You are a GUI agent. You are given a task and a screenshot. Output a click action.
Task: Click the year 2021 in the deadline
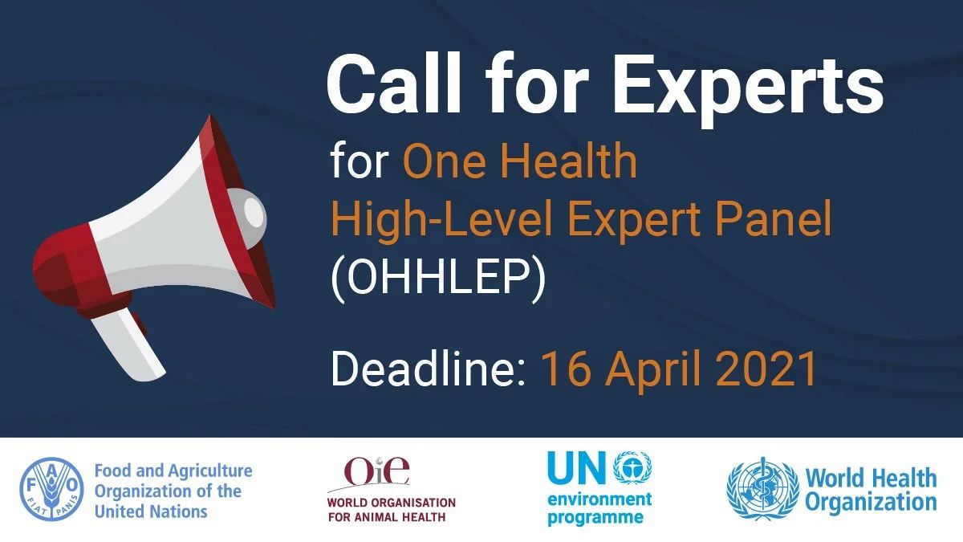pyautogui.click(x=766, y=369)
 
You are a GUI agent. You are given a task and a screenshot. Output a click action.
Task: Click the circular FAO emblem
pyautogui.click(x=51, y=489)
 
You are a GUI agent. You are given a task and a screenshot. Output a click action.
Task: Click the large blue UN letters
pyautogui.click(x=577, y=467)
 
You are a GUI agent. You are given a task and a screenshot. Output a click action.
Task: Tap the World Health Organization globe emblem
pyautogui.click(x=763, y=489)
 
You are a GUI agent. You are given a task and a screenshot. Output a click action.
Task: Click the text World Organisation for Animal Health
pyautogui.click(x=392, y=510)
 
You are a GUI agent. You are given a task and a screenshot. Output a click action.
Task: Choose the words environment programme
pyautogui.click(x=599, y=508)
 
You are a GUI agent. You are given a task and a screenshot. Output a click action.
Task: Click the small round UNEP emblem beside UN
pyautogui.click(x=632, y=467)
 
